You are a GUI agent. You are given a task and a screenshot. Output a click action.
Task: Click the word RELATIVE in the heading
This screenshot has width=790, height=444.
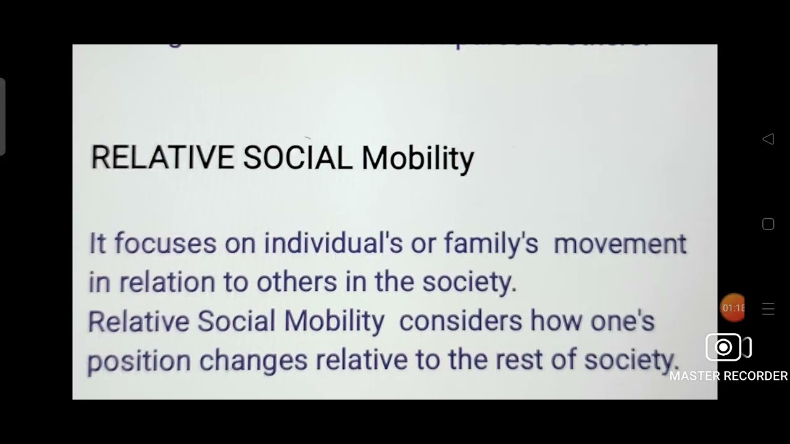coord(162,158)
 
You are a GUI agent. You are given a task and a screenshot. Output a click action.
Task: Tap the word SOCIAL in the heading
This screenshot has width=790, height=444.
coord(297,158)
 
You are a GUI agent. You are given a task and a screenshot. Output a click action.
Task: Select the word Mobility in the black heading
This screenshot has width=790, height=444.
coord(418,159)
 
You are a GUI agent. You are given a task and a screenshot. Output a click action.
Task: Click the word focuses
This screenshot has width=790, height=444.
coord(165,243)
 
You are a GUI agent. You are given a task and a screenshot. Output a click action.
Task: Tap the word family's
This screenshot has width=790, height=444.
coord(491,244)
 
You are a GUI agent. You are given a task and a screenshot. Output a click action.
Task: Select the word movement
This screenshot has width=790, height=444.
coord(620,243)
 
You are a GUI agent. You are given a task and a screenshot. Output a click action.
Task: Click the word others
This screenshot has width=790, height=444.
coord(297,282)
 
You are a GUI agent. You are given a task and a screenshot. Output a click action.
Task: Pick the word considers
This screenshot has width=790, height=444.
coord(461,321)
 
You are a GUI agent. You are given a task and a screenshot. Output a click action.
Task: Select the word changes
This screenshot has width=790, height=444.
coord(253,360)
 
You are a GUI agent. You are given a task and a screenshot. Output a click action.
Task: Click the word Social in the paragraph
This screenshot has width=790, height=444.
coord(236,321)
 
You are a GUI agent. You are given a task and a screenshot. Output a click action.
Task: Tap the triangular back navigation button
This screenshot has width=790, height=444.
coord(768,139)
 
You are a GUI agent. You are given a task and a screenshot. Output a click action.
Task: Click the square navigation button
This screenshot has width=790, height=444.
coord(768,224)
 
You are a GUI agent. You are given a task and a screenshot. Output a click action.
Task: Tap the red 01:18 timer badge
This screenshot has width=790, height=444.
coord(733,308)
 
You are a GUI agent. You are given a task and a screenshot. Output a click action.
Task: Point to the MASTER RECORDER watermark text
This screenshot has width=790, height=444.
coord(728,376)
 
